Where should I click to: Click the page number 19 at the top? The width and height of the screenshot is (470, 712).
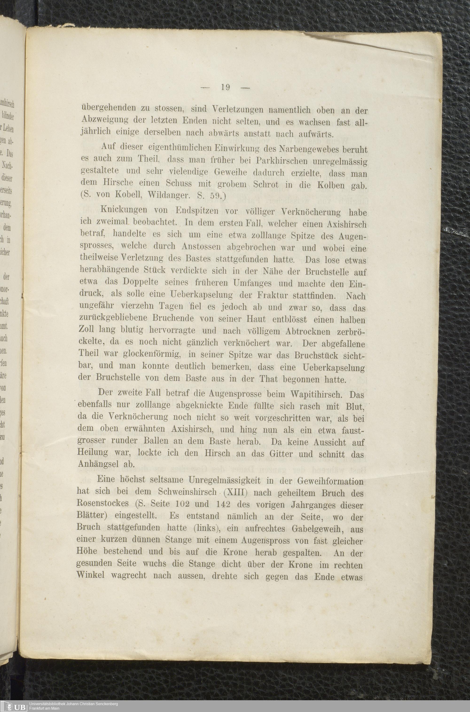225,87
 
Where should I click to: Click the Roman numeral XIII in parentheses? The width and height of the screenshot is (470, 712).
237,493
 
